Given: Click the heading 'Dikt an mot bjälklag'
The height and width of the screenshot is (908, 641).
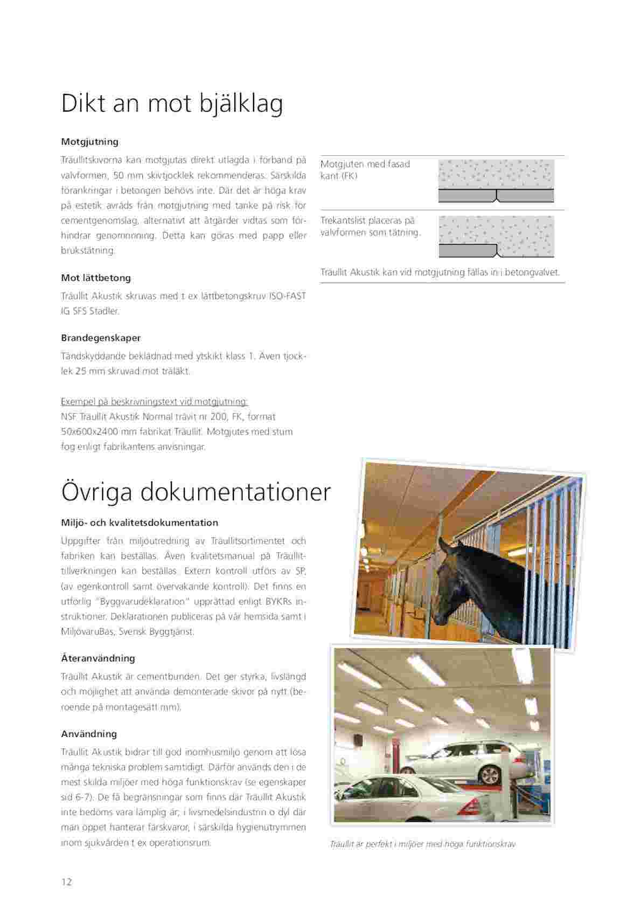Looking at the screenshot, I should coord(172,104).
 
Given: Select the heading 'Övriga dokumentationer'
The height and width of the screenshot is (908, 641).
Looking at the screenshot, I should coord(196,491).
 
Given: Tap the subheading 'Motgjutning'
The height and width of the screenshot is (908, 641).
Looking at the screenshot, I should coord(89,142).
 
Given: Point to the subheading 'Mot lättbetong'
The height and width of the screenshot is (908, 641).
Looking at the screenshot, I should coord(96,278).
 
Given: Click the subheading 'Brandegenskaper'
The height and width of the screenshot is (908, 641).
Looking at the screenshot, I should coord(101,338).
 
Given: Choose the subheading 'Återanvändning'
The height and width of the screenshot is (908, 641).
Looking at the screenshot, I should coord(98,658).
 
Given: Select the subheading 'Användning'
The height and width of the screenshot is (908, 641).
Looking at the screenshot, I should coord(89,734).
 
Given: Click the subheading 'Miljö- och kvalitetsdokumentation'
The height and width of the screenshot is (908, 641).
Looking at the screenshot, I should coord(140,522).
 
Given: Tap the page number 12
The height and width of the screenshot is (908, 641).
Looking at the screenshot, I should coord(66,882).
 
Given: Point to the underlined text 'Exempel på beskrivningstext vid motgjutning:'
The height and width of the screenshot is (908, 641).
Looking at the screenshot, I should coord(155,402).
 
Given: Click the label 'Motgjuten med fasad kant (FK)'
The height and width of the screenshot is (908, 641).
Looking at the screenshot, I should coord(365,170).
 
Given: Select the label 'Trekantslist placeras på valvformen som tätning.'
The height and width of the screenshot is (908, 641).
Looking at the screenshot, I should coord(370,226).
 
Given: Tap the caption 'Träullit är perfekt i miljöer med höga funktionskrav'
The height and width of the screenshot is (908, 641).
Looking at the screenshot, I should coord(422,844).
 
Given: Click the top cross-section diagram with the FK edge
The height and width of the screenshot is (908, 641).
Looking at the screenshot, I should coord(496,181).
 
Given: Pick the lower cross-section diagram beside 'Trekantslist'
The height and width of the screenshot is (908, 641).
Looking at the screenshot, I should coord(496,236).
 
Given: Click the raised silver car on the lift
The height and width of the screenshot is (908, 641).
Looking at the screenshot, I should coord(464,757).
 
